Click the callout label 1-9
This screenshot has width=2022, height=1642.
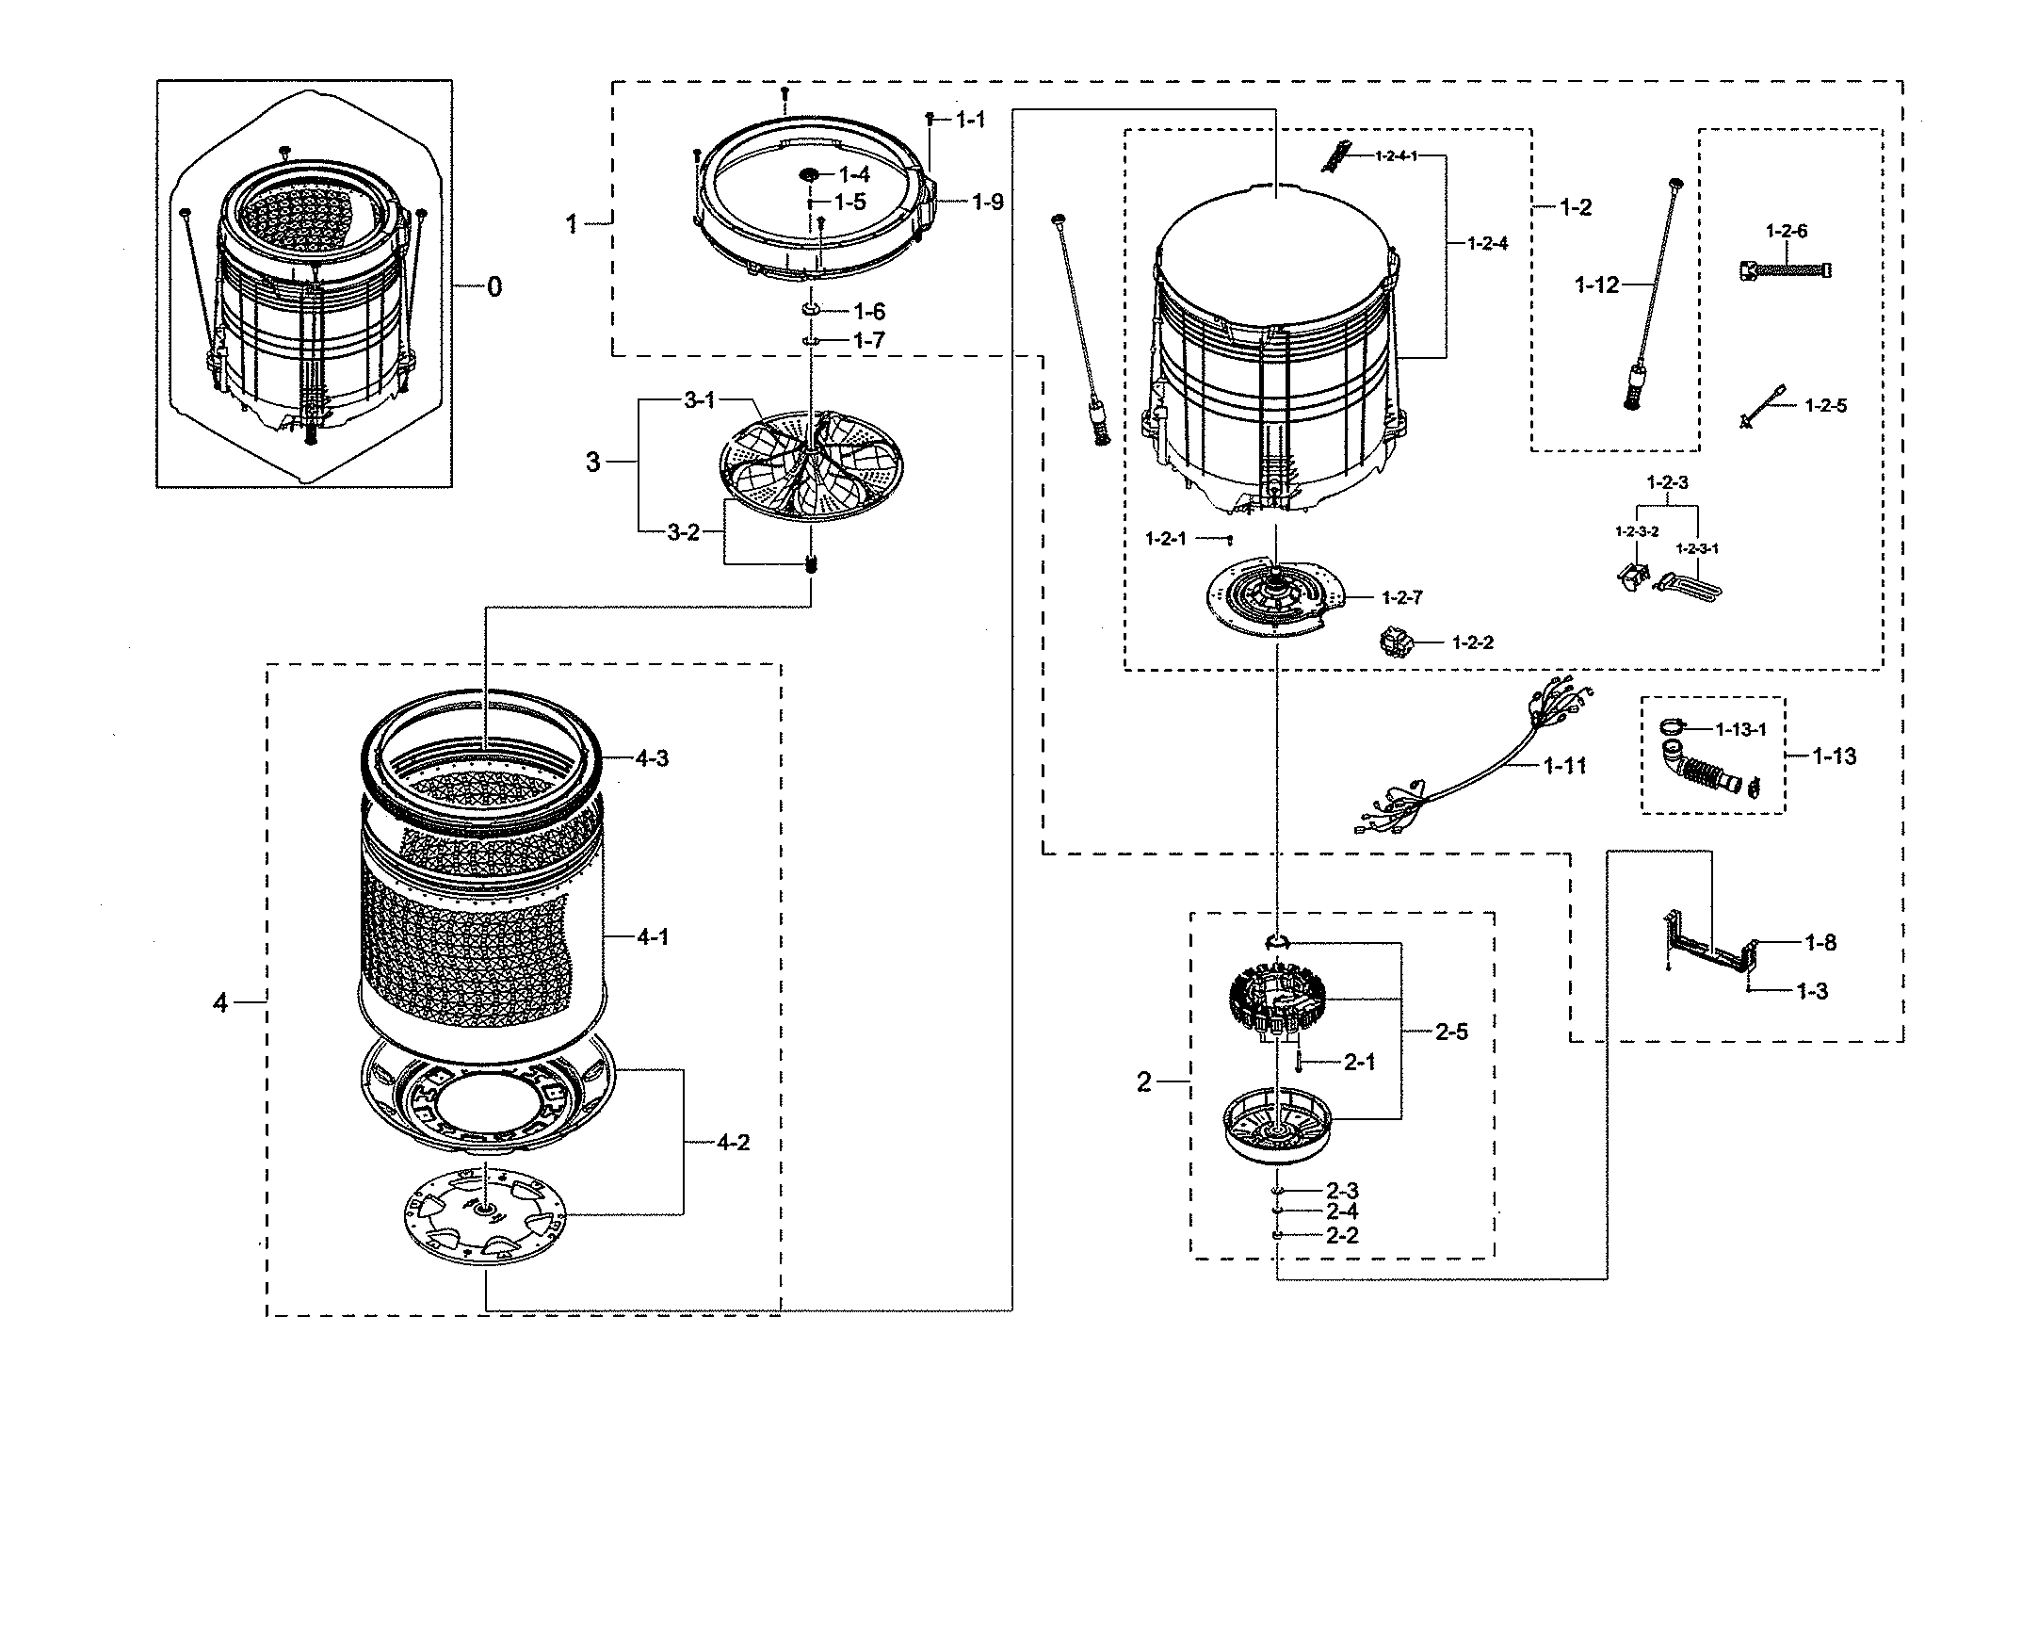pyautogui.click(x=987, y=203)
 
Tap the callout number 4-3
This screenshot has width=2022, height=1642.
pyautogui.click(x=652, y=758)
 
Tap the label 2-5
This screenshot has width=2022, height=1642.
pyautogui.click(x=1450, y=1032)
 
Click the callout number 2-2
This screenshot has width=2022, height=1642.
pyautogui.click(x=1341, y=1235)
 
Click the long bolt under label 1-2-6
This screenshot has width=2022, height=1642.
pyautogui.click(x=1784, y=270)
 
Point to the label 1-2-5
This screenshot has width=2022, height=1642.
pyautogui.click(x=1825, y=406)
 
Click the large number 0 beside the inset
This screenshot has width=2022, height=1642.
pyautogui.click(x=493, y=286)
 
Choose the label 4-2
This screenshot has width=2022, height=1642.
pyautogui.click(x=732, y=1143)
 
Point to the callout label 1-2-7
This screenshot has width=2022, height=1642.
pyautogui.click(x=1401, y=598)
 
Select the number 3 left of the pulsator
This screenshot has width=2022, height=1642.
pyautogui.click(x=592, y=463)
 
